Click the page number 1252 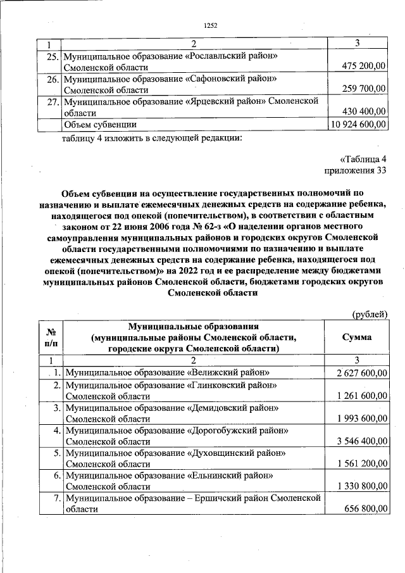211,25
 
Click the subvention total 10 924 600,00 358,124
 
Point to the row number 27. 53,101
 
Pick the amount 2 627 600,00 361,373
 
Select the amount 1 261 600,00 361,396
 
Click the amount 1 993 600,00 361,419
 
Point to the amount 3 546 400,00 361,441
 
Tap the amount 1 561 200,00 361,464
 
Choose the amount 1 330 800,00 361,487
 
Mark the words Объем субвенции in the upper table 101,124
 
